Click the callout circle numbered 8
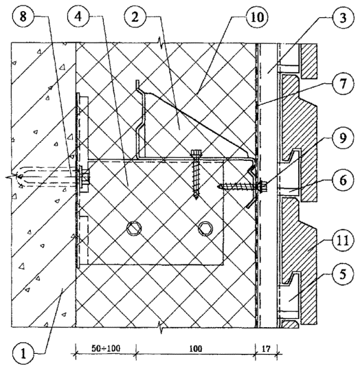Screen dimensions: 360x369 tap(23, 17)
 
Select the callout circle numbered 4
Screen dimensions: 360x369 tap(78, 17)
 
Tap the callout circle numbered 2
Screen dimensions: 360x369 tap(135, 17)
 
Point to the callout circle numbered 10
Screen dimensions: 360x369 tap(258, 17)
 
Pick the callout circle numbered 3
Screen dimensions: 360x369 tap(344, 18)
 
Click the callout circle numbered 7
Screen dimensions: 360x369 tap(344, 84)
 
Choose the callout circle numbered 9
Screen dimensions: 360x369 tap(344, 138)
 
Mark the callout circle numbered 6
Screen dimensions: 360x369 tap(344, 181)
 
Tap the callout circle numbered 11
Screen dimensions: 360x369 tap(344, 241)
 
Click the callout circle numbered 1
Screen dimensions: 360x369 tap(23, 354)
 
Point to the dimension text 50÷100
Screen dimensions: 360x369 tap(106, 348)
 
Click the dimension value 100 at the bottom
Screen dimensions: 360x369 tap(196, 349)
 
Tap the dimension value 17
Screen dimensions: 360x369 tap(266, 348)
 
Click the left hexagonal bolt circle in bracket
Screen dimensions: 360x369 tap(134, 228)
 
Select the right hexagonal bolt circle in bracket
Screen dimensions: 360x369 tap(205, 229)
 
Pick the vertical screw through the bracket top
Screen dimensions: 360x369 tap(196, 174)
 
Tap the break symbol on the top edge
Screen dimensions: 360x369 tap(161, 43)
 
